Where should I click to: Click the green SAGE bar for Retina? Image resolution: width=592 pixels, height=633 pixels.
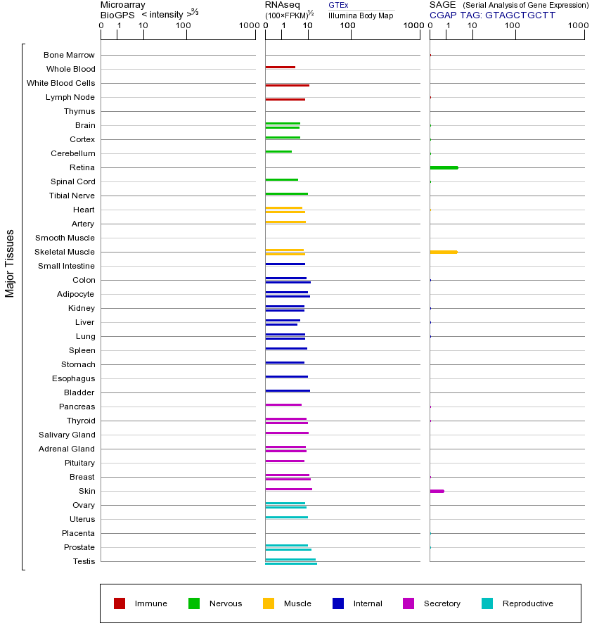pos(444,167)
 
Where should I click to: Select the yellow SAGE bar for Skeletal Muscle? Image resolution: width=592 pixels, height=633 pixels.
pos(443,252)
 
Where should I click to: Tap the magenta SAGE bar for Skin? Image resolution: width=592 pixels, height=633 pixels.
pos(437,491)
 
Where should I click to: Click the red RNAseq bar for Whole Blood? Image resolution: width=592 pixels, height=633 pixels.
pos(280,68)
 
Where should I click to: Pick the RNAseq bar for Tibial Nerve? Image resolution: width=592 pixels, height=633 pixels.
pos(286,193)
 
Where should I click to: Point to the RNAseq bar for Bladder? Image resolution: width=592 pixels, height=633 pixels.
pos(287,390)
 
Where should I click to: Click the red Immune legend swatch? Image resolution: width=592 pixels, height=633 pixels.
pos(120,603)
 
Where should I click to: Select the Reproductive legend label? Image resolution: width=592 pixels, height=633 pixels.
pos(527,603)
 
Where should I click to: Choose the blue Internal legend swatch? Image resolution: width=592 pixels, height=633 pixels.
pos(338,603)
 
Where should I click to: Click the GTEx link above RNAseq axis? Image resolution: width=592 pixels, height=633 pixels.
pos(338,5)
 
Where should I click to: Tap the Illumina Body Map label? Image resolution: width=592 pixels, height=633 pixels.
pos(361,15)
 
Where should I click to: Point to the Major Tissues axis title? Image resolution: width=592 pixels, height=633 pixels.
pos(10,263)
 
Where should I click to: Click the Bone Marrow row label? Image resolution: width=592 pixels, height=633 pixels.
pos(69,55)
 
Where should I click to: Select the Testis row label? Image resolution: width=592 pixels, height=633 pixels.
pos(84,561)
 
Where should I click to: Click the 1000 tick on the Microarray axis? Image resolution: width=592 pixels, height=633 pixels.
pos(247,26)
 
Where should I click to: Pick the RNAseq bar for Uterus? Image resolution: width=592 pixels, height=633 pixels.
pos(286,517)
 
